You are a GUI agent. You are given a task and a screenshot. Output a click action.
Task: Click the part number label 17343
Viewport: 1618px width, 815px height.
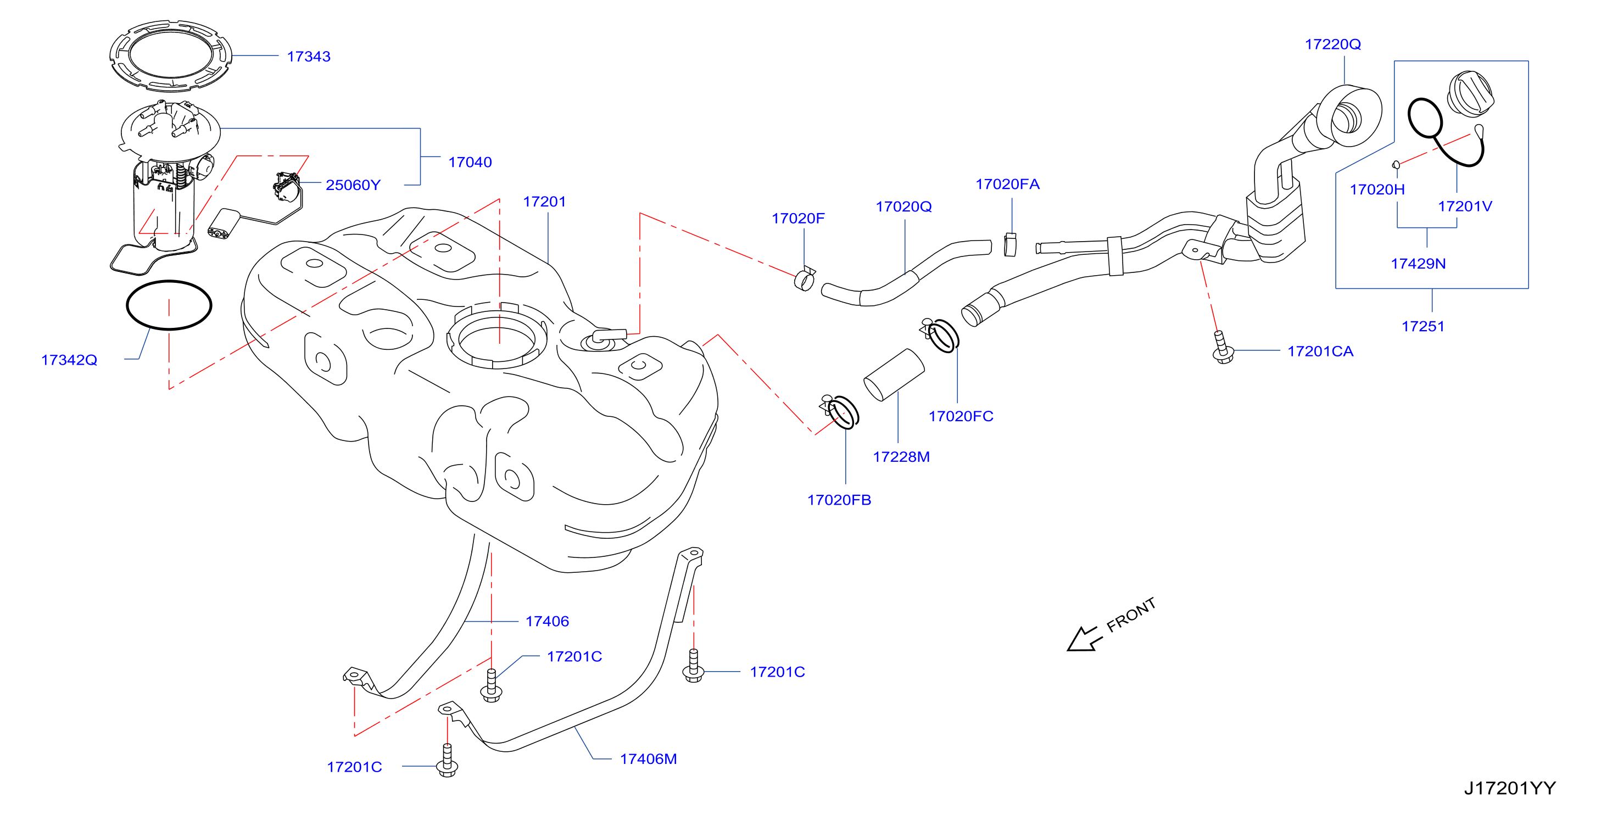(x=309, y=57)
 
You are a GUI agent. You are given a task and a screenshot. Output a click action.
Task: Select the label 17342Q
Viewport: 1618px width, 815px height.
(x=69, y=360)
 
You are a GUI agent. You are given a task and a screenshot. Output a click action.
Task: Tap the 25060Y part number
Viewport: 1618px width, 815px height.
(x=353, y=185)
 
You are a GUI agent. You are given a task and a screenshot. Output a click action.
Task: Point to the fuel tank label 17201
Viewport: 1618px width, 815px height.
(x=545, y=202)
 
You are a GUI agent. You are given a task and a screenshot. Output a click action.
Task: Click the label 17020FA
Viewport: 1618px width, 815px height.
(x=1007, y=184)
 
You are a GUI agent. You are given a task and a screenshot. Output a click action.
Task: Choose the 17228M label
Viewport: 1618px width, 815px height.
(x=901, y=456)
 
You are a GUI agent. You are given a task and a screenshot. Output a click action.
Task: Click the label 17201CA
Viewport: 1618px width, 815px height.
(x=1320, y=351)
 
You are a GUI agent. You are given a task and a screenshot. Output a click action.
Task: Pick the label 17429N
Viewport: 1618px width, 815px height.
(x=1418, y=263)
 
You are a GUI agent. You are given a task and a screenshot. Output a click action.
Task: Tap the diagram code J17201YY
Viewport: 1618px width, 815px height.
(x=1510, y=788)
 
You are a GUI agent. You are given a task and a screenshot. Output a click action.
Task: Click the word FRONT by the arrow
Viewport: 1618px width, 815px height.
(x=1131, y=615)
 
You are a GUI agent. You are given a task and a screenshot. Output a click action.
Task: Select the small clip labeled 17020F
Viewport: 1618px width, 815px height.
(x=805, y=280)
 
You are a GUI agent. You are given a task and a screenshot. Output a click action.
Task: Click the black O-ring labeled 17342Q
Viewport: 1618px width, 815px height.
(x=169, y=281)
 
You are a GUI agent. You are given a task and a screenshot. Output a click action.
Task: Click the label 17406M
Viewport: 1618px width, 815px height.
(x=648, y=758)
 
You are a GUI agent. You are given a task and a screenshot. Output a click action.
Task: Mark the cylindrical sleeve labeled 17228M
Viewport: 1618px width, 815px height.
(x=894, y=375)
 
